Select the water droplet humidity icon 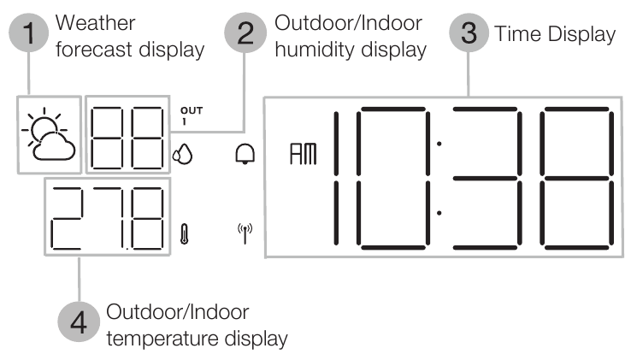click(x=182, y=156)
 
